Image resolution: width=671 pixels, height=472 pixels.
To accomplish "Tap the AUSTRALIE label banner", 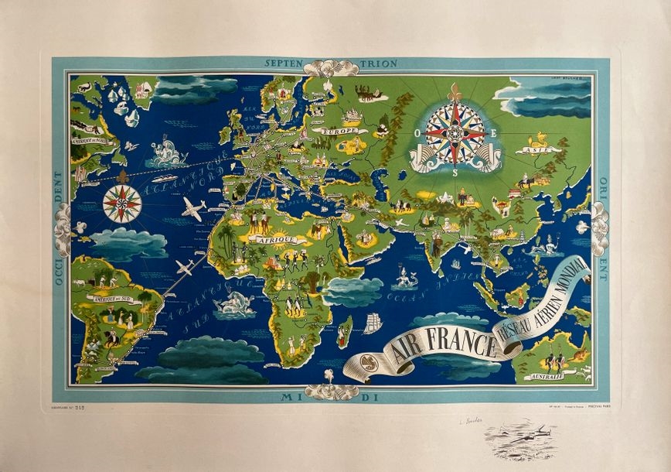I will [x=543, y=377].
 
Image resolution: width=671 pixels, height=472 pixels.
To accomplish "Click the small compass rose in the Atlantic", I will [x=122, y=204].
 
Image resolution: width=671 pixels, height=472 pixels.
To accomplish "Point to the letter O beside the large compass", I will [x=419, y=134].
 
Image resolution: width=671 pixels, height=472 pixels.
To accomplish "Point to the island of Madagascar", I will [x=344, y=330].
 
